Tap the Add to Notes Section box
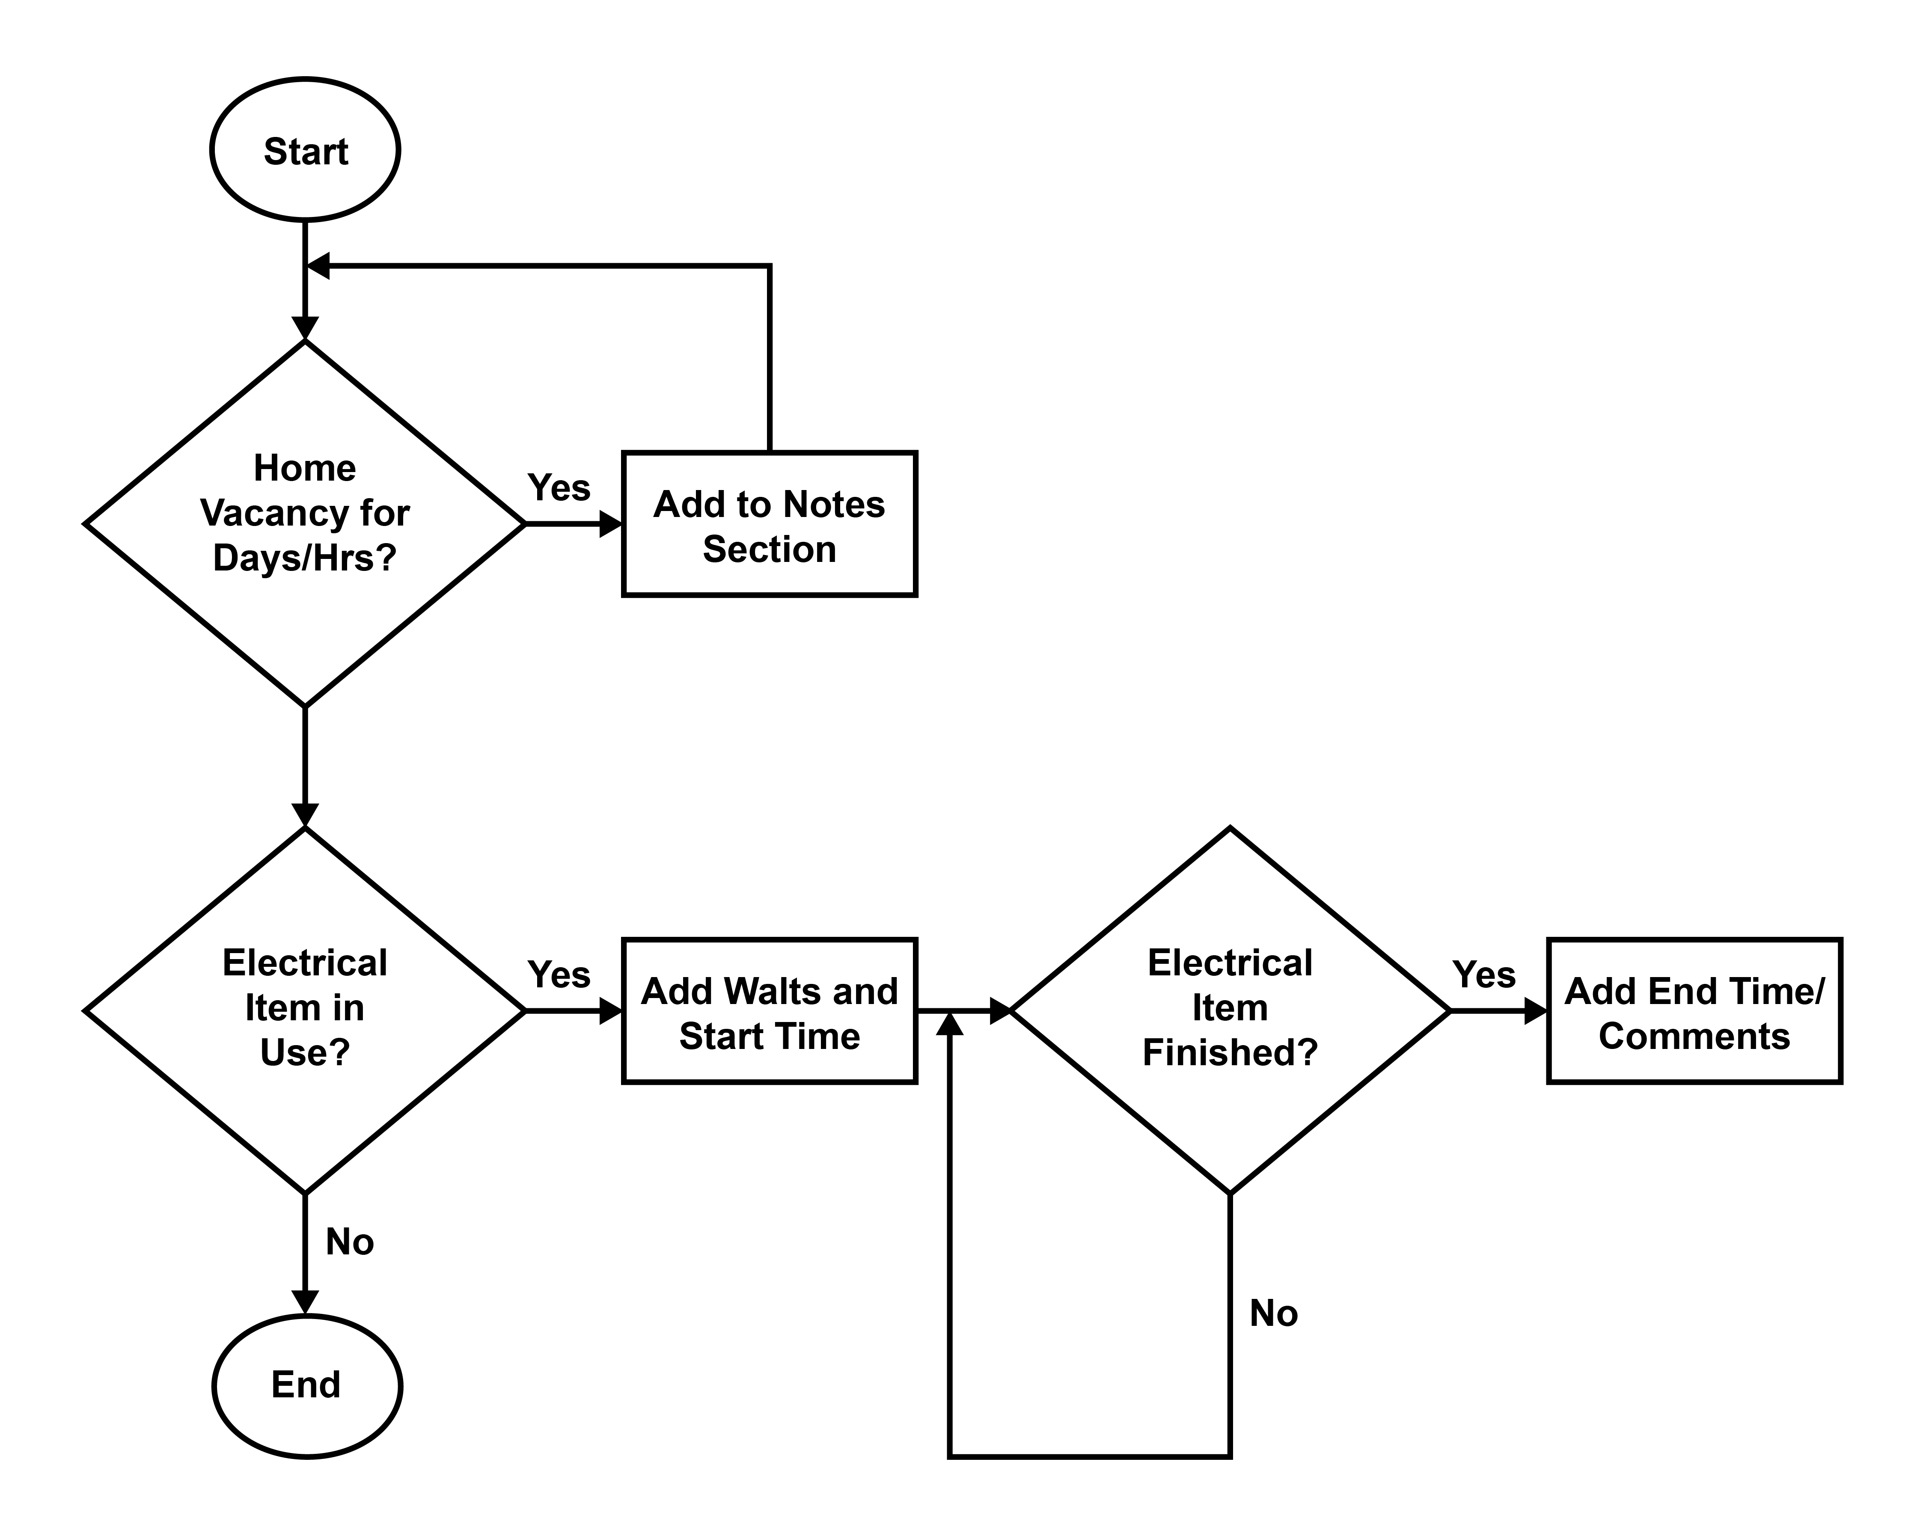point(769,524)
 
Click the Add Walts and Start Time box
point(769,1011)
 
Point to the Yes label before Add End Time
point(1484,974)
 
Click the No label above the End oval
point(349,1241)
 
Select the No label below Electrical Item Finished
point(1273,1313)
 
